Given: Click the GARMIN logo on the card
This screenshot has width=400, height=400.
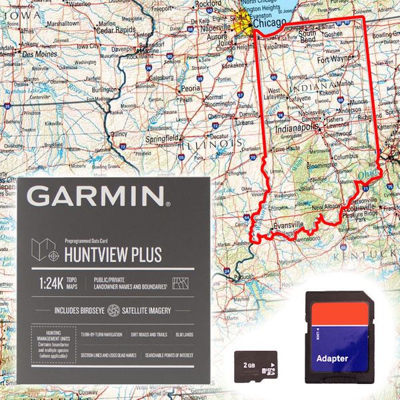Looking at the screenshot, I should pos(96,197).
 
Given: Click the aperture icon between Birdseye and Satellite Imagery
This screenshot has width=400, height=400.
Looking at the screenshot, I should pos(113,311).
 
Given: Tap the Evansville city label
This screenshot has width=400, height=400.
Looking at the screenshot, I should pos(287,225).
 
